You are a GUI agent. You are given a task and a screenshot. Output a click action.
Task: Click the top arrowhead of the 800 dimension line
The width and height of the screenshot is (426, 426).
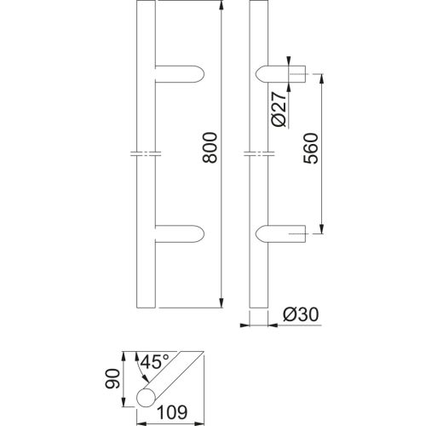tap(222, 9)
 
